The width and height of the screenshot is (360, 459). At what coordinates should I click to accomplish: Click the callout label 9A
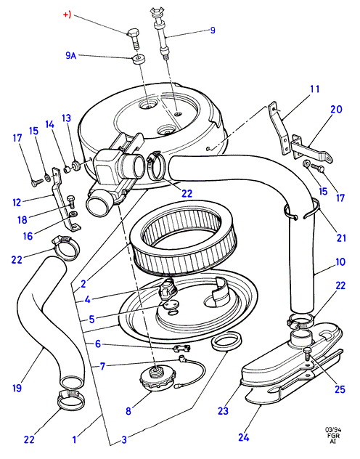[x=70, y=55]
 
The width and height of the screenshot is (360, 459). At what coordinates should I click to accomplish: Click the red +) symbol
[x=67, y=15]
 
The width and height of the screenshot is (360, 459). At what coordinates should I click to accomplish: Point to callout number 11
[x=315, y=89]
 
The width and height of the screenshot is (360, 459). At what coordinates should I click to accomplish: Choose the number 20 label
[x=336, y=109]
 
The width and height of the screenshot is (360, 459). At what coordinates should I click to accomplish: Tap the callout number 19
[x=17, y=388]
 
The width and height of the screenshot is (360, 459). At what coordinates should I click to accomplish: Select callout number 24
[x=243, y=437]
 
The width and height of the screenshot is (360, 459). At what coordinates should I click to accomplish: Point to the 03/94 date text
[x=333, y=430]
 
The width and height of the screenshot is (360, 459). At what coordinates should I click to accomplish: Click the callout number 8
[x=128, y=410]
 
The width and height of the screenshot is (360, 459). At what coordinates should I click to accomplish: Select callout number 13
[x=66, y=118]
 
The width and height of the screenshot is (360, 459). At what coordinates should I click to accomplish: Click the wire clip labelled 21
[x=301, y=209]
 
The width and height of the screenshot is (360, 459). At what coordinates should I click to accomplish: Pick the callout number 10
[x=340, y=261]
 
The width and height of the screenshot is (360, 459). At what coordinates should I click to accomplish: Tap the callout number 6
[x=98, y=344]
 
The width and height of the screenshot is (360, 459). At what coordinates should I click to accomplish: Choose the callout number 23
[x=223, y=410]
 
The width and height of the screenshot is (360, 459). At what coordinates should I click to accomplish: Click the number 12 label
[x=17, y=203]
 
